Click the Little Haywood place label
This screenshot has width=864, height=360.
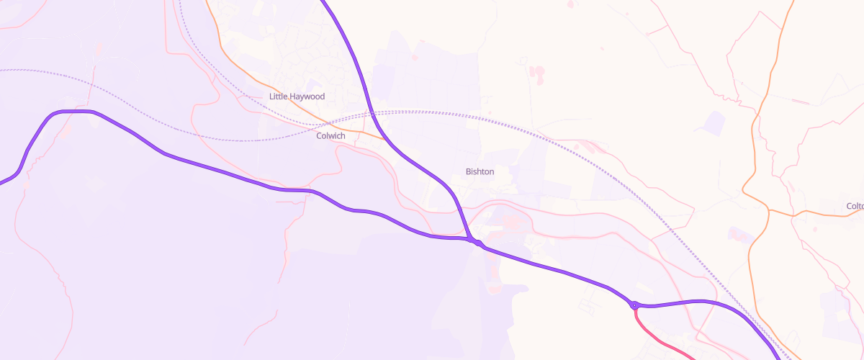(x=297, y=96)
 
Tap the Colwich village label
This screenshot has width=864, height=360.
(x=330, y=135)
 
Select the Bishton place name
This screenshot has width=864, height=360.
(x=480, y=171)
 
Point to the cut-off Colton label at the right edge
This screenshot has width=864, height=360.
(x=855, y=206)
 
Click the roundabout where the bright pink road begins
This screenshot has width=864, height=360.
(x=634, y=305)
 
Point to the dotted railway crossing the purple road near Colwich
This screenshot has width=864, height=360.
(x=371, y=114)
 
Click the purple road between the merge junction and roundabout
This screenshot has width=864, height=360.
(x=554, y=270)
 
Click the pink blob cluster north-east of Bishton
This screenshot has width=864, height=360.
(x=537, y=73)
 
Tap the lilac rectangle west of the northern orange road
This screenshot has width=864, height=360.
(x=714, y=122)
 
